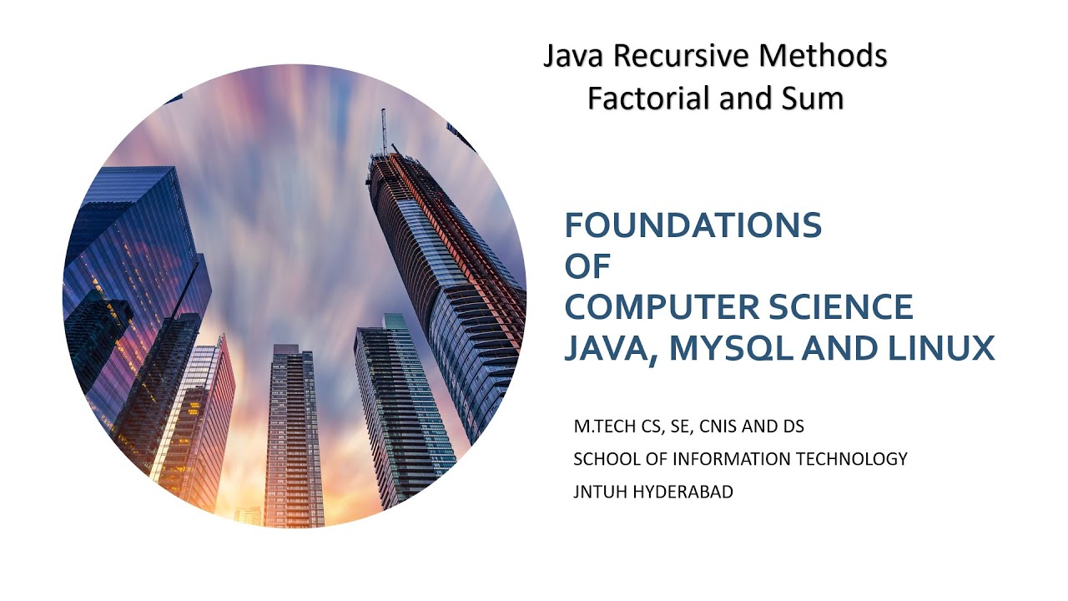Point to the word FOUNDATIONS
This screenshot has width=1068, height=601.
[693, 225]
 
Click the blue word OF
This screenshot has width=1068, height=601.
[587, 266]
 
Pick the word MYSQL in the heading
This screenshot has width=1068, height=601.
[733, 348]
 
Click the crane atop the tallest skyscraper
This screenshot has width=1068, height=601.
[384, 132]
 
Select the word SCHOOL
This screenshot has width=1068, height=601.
[604, 459]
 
